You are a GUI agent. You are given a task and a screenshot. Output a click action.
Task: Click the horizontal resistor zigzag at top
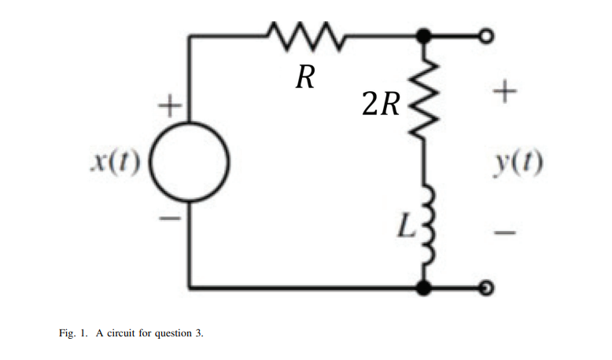(x=303, y=35)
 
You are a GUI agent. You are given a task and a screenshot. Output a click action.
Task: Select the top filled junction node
(x=425, y=35)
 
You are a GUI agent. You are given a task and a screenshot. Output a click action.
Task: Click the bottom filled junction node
(x=425, y=288)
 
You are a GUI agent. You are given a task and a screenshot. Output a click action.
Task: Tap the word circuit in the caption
(x=121, y=334)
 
